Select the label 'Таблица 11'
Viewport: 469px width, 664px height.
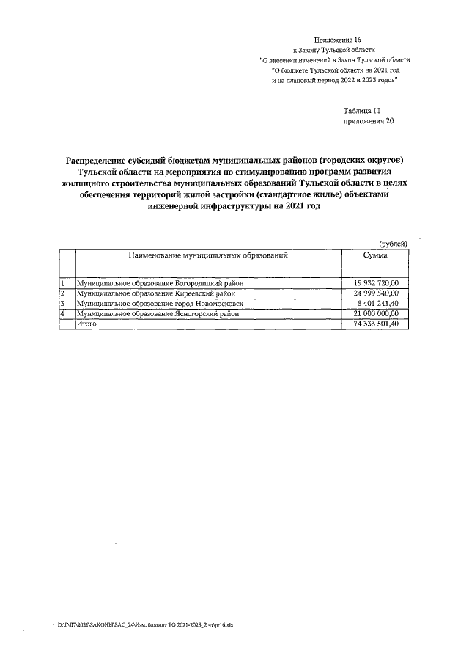361,109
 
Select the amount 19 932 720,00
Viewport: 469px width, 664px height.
375,283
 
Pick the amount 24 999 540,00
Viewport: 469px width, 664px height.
375,293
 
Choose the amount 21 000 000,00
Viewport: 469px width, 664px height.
375,313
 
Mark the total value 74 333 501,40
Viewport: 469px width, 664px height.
375,324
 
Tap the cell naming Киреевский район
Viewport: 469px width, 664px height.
156,293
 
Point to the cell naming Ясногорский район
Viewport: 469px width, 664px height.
158,313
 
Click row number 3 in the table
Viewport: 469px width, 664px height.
63,303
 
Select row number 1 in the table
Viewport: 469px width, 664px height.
63,283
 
